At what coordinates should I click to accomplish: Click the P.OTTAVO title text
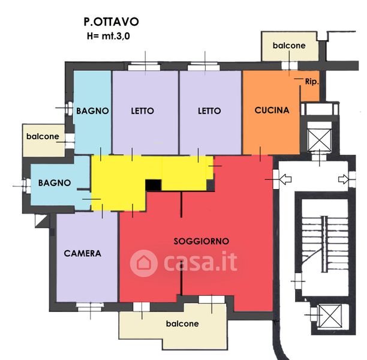(111, 22)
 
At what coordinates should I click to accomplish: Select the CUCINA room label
(272, 110)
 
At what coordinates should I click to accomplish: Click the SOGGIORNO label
(201, 241)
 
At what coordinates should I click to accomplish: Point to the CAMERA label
(83, 253)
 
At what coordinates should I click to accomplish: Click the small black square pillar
(154, 185)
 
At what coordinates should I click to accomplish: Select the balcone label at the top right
(289, 46)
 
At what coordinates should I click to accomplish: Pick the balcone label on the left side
(43, 136)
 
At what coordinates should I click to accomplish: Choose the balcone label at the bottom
(182, 323)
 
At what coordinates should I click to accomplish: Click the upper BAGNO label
(92, 111)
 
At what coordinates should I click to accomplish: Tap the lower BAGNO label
(55, 182)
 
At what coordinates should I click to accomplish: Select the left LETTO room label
(142, 111)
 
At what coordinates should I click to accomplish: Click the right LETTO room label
(209, 111)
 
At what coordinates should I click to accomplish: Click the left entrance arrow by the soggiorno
(285, 178)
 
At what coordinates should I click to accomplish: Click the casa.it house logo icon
(144, 263)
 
